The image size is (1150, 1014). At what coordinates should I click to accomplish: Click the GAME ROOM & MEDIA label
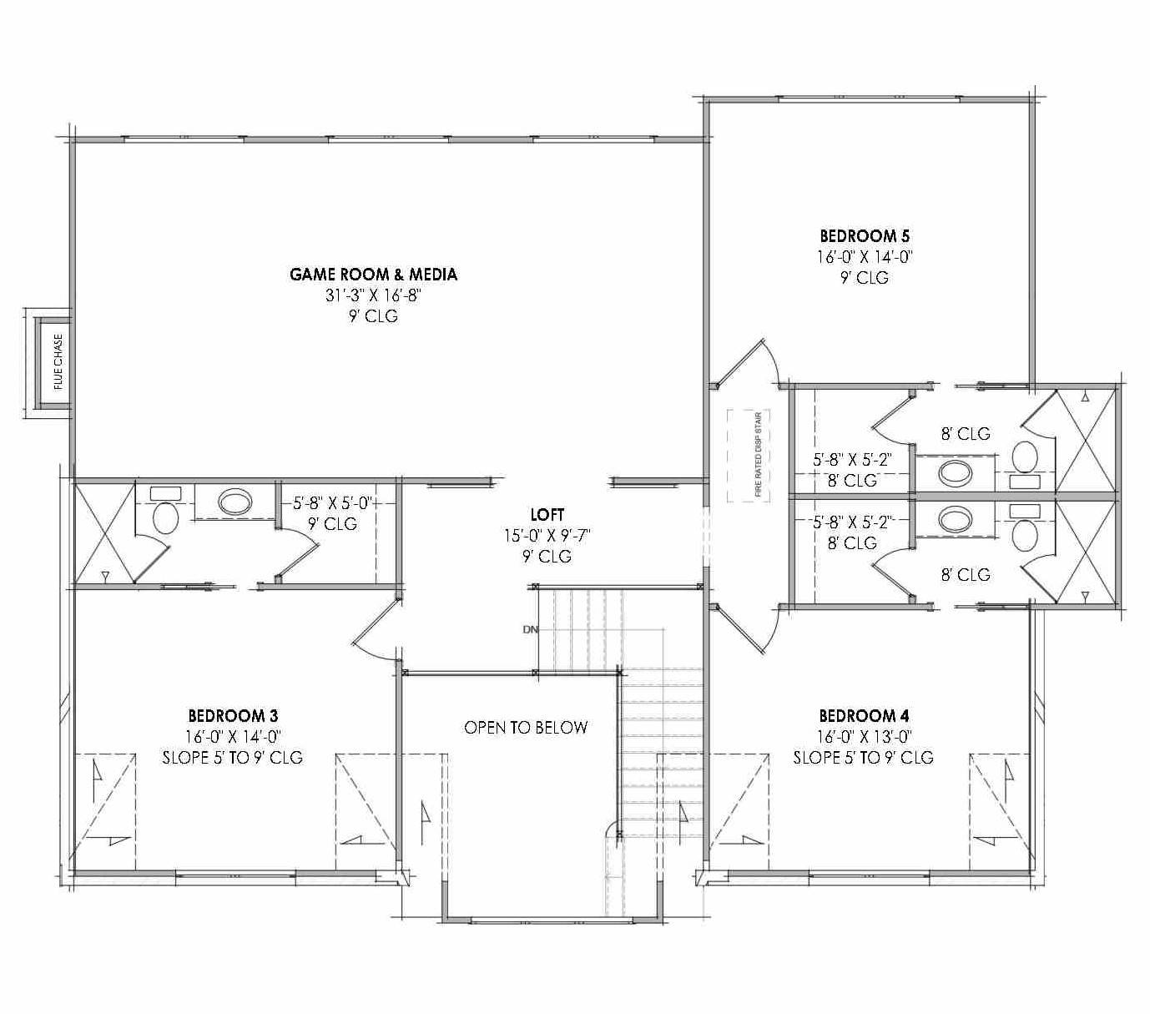pyautogui.click(x=373, y=274)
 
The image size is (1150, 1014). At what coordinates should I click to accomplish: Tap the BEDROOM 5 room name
pyautogui.click(x=865, y=236)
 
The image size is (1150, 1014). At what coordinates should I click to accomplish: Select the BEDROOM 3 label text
pyautogui.click(x=233, y=715)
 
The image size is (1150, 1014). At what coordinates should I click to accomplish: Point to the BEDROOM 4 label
pyautogui.click(x=864, y=715)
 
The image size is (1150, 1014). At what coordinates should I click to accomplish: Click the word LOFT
pyautogui.click(x=547, y=514)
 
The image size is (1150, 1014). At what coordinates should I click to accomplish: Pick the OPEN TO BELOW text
pyautogui.click(x=526, y=728)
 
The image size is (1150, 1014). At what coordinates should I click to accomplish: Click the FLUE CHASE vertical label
pyautogui.click(x=58, y=362)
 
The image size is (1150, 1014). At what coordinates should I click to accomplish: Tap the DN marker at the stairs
pyautogui.click(x=531, y=629)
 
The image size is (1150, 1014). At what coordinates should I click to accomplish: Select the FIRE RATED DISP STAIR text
pyautogui.click(x=759, y=455)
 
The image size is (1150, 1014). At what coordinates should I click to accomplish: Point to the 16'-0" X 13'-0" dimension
pyautogui.click(x=864, y=736)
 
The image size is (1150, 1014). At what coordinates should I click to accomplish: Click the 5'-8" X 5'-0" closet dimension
pyautogui.click(x=331, y=503)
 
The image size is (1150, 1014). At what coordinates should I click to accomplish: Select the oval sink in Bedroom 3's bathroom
pyautogui.click(x=235, y=502)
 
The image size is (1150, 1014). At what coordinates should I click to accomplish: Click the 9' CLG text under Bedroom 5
pyautogui.click(x=865, y=278)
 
